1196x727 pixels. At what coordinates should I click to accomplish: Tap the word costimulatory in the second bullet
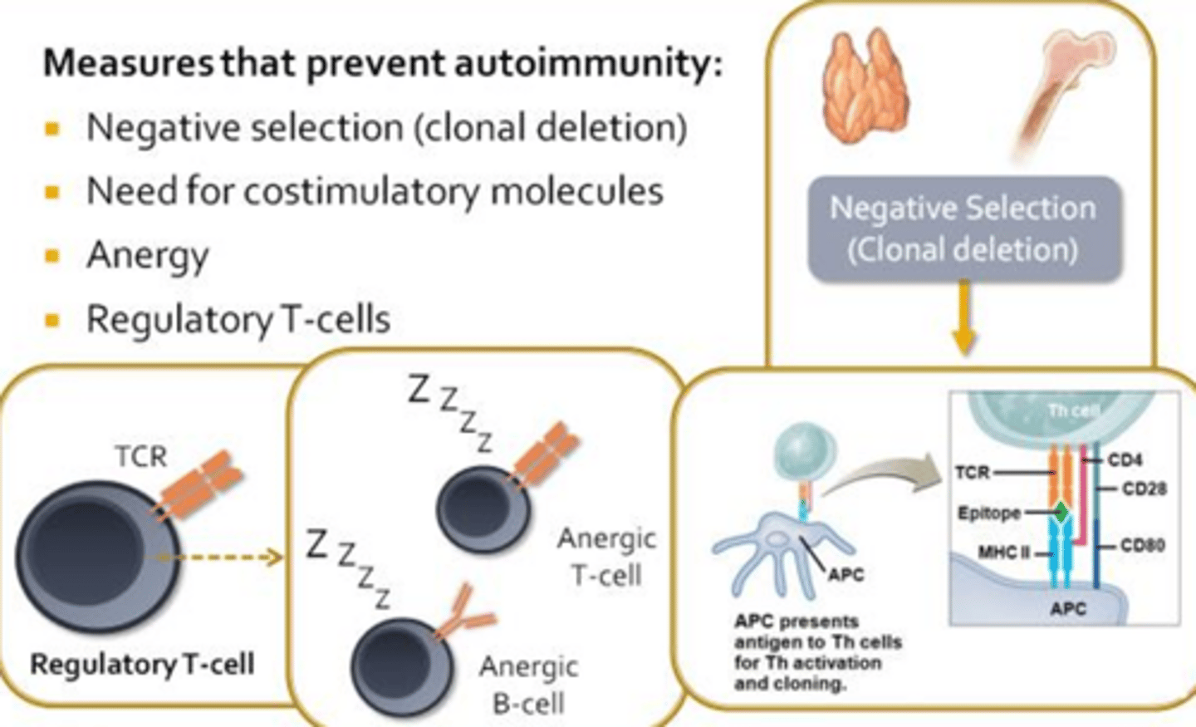tap(361, 192)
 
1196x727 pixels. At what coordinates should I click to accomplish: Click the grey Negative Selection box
tap(963, 228)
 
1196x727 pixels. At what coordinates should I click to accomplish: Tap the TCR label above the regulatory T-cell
tap(140, 456)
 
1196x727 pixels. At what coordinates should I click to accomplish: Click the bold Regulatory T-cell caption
tap(142, 665)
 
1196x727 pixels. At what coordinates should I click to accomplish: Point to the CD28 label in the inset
tap(1144, 489)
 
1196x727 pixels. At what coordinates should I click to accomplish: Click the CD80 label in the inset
tap(1142, 546)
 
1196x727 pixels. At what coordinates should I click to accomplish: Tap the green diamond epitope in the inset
tap(1061, 512)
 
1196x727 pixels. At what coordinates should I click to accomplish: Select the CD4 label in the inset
tap(1125, 459)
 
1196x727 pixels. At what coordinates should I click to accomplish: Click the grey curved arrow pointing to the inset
tap(872, 478)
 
